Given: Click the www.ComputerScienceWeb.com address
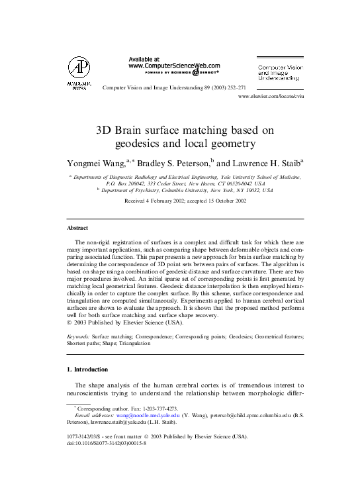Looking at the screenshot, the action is (x=173, y=66).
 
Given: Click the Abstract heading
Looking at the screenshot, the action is (x=74, y=227).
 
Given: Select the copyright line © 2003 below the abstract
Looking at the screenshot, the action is (x=130, y=323).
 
